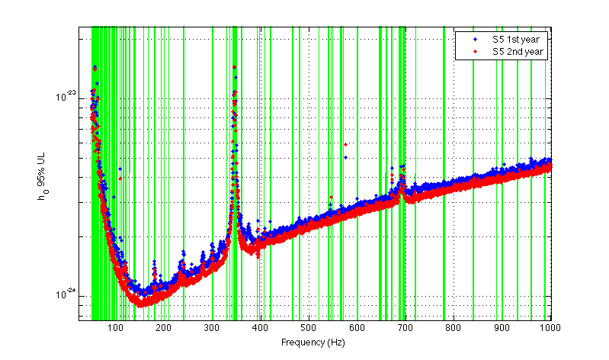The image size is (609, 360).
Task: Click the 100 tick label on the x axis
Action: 116,327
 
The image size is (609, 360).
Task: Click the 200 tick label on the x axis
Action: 164,327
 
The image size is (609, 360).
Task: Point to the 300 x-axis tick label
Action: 213,327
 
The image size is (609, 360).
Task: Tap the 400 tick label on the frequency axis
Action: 261,327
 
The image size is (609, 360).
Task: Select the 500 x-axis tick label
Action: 309,327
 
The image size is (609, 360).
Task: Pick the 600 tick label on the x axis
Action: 357,327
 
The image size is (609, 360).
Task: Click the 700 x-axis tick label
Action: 405,327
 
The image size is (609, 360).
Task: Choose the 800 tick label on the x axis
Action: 454,327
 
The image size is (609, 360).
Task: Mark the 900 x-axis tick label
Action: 502,327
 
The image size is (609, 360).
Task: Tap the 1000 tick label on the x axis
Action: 549,327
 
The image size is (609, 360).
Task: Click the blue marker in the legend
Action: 474,39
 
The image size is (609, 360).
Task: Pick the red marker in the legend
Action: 474,52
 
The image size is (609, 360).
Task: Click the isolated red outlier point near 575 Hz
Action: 345,144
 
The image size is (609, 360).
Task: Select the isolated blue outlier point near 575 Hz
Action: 345,158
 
